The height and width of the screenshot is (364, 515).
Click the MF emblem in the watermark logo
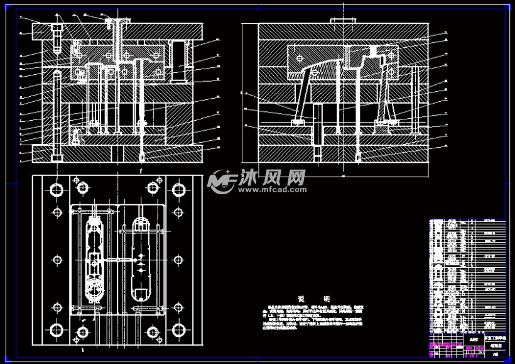pyautogui.click(x=220, y=181)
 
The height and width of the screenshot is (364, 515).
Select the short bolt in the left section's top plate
pyautogui.click(x=57, y=36)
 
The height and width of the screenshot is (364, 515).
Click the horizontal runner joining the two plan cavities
pyautogui.click(x=116, y=259)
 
